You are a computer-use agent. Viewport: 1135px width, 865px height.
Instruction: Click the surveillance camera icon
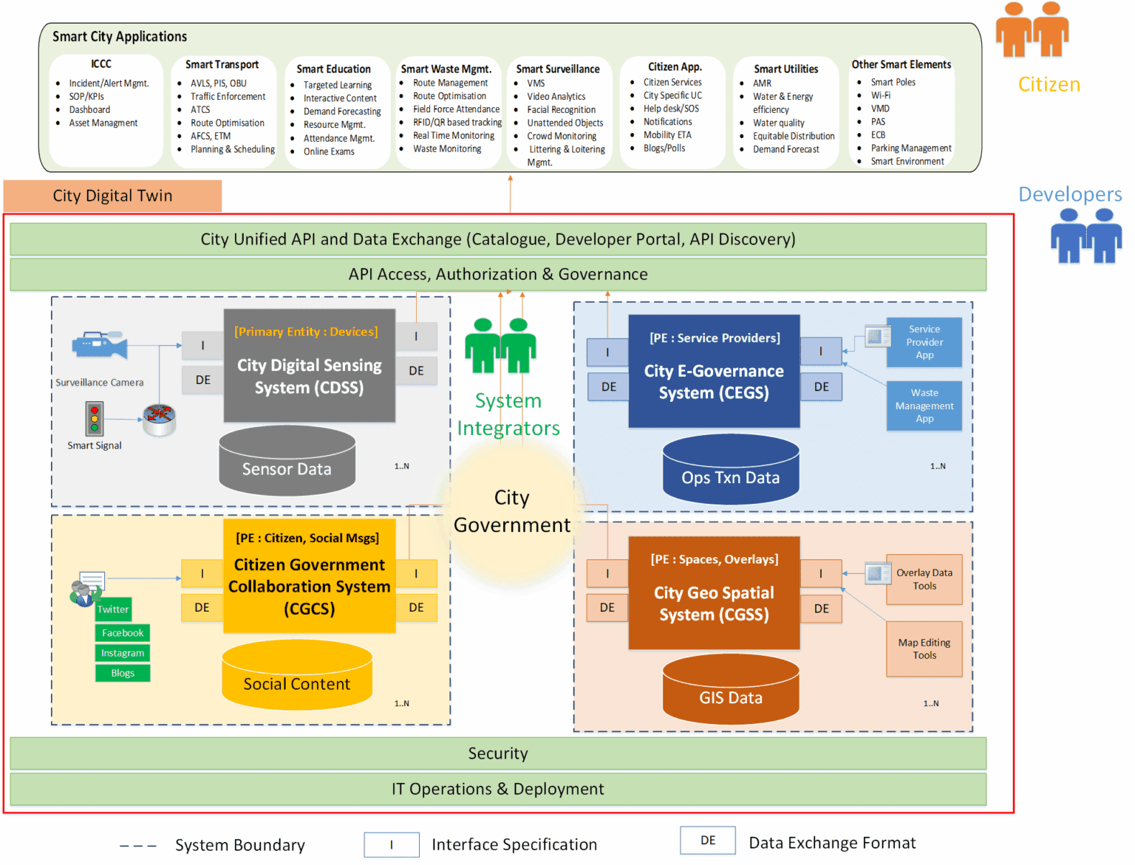click(x=99, y=345)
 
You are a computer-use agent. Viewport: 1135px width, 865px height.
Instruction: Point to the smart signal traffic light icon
click(x=94, y=419)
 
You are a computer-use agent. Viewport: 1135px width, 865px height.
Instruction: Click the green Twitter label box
click(x=113, y=609)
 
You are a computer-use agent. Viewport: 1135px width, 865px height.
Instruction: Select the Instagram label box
click(x=123, y=653)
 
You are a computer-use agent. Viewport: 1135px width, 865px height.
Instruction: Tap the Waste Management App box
click(x=924, y=406)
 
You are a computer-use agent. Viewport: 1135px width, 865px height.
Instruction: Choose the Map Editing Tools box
click(x=924, y=649)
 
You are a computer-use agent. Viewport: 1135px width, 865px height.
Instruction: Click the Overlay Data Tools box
click(x=924, y=579)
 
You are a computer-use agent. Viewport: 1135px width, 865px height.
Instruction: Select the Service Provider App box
click(x=924, y=342)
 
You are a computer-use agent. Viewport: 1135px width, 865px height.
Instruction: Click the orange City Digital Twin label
click(x=112, y=196)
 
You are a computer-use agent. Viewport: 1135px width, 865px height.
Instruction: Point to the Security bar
click(x=497, y=753)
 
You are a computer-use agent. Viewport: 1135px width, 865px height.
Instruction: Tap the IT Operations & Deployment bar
click(x=497, y=789)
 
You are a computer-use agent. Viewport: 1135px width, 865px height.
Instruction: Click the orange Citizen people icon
click(x=1032, y=30)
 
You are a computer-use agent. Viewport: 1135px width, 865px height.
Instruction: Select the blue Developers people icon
click(x=1085, y=236)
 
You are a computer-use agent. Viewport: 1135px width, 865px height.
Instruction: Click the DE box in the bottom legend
click(x=707, y=841)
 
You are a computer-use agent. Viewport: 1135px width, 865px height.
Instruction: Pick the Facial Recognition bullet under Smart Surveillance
click(x=561, y=110)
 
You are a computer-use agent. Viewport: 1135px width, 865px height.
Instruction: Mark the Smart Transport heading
click(x=222, y=65)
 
